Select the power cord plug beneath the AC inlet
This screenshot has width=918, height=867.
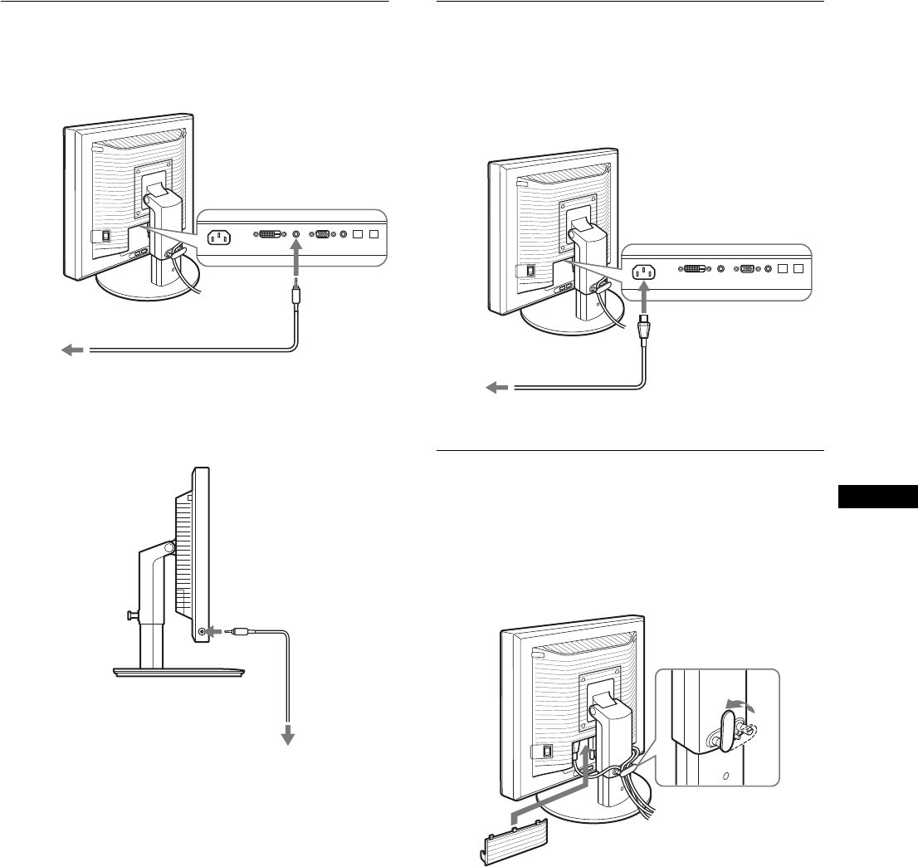(x=644, y=329)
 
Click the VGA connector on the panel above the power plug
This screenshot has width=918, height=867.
(x=748, y=269)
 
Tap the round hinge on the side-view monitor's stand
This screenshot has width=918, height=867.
(x=168, y=547)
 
